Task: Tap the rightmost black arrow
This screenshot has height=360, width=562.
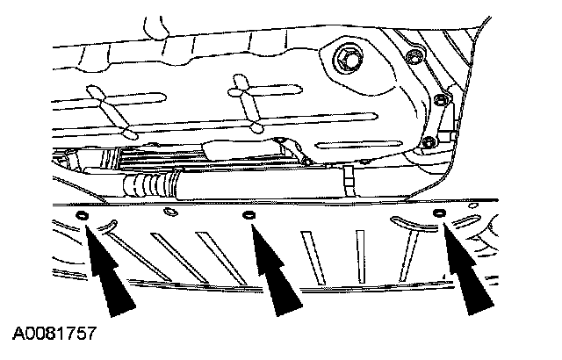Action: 466,269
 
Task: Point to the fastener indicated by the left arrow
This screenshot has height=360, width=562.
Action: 82,216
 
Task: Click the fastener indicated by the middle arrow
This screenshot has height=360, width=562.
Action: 249,215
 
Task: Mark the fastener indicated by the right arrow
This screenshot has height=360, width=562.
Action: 439,213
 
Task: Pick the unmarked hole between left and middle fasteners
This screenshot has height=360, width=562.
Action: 170,212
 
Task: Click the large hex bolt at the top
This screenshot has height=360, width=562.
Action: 347,58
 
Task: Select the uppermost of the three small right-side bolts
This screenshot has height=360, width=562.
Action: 414,56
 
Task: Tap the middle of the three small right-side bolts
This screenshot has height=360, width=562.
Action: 440,99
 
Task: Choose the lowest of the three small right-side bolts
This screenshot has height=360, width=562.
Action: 429,142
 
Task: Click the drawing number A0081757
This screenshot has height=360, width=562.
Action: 54,334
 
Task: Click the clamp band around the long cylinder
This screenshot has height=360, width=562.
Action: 349,181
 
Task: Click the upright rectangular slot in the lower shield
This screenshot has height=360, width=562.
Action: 360,257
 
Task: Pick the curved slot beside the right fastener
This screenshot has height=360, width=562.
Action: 412,223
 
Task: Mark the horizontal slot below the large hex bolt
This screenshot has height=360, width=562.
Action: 358,145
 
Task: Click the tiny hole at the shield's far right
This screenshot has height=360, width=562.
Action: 473,205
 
